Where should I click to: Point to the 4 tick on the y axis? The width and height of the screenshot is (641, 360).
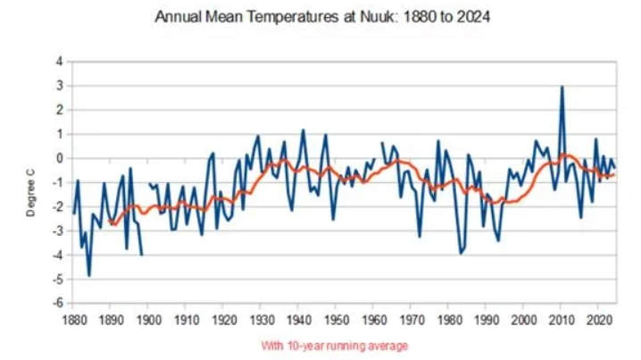coord(60,62)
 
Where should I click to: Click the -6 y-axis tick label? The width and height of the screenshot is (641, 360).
coord(58,304)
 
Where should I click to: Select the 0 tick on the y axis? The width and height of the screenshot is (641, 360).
coord(60,158)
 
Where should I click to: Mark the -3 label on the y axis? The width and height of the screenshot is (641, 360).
coord(58,231)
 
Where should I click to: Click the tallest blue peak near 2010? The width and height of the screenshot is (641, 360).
coord(562,87)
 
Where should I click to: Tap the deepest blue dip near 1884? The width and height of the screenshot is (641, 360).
coord(89,275)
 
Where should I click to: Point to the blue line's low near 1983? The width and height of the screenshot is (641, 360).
coord(461,254)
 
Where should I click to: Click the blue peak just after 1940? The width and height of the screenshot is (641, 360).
coord(303,130)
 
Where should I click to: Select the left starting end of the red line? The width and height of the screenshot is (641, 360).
coord(111,222)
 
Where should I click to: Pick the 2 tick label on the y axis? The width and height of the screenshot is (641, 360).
coord(60,110)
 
